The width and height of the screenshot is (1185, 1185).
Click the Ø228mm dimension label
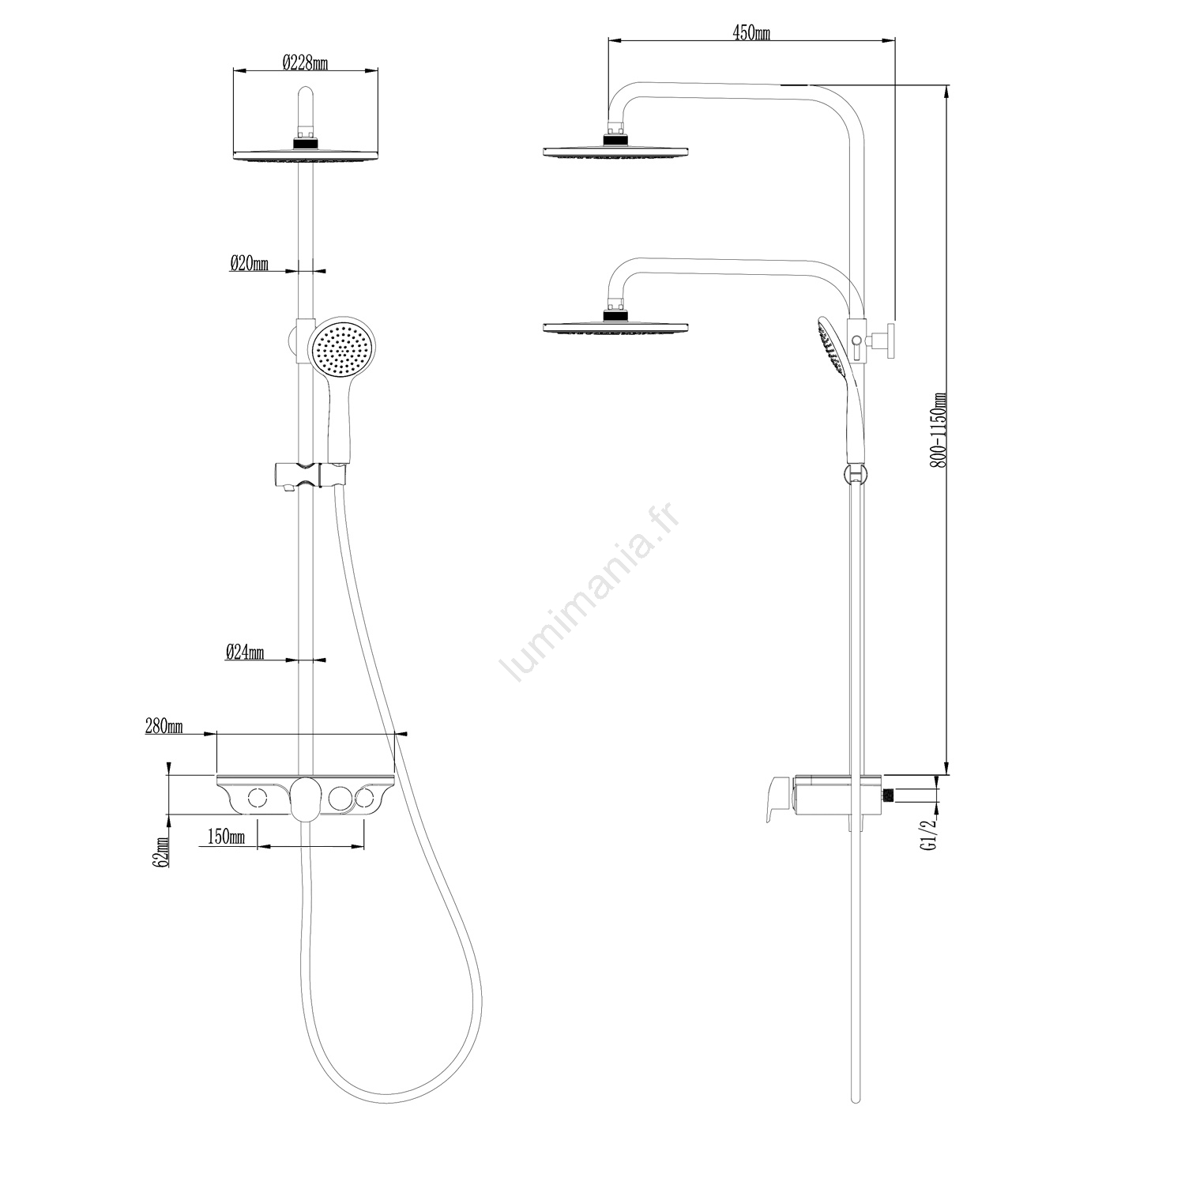(304, 62)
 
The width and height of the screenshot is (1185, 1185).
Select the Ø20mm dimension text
(249, 263)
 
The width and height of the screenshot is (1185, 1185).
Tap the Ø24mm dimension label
(244, 652)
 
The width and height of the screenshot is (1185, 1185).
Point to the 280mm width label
(164, 727)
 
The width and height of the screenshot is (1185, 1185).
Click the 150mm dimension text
(226, 836)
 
